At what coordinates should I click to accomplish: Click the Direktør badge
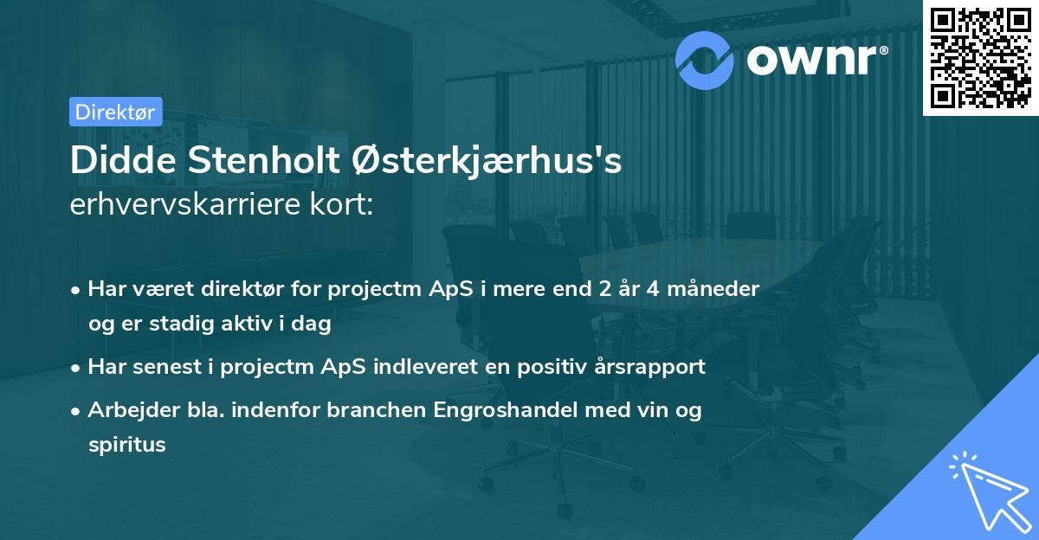point(115,112)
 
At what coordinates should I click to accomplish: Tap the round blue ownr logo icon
point(704,60)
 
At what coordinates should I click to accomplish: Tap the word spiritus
point(126,445)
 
